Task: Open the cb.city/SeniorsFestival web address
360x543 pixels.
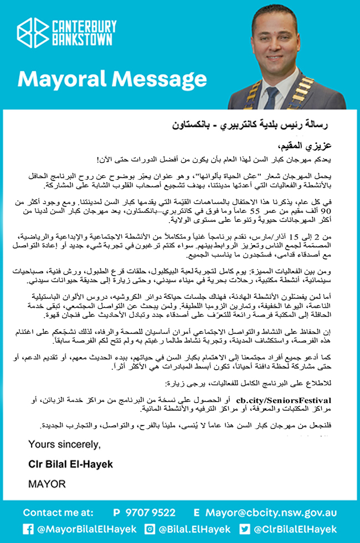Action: pos(284,400)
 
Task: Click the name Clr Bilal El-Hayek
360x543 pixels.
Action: pos(71,464)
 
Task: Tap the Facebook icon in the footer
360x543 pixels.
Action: pos(28,529)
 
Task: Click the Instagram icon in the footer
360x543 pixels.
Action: pos(149,529)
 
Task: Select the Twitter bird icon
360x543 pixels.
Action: pos(245,529)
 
